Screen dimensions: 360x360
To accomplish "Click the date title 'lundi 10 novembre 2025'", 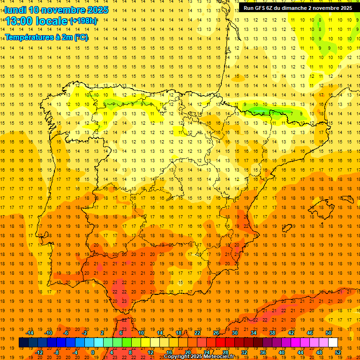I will point(56,10).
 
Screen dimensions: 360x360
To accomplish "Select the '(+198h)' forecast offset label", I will point(84,21).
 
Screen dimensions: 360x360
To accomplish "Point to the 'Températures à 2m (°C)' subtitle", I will point(46,37).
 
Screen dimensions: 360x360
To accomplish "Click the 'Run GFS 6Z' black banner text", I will point(298,8).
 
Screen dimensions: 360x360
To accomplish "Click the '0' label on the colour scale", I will point(93,352).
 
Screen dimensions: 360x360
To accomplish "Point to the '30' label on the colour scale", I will point(234,333).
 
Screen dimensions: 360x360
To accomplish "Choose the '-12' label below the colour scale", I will point(39,352).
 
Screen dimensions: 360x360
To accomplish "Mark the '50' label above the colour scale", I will point(328,333).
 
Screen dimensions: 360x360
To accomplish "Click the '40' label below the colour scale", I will point(282,352).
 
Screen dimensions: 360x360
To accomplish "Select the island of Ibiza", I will point(286,228).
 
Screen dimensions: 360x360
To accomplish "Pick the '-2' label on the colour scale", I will point(85,333).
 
